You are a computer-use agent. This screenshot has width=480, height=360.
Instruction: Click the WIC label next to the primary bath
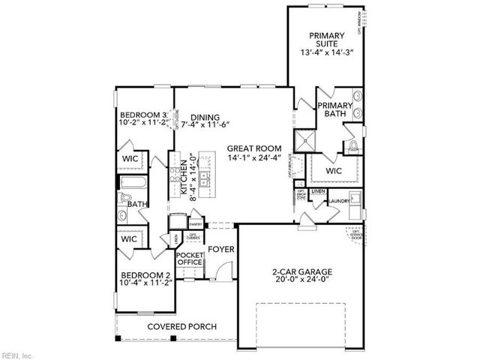click(x=334, y=170)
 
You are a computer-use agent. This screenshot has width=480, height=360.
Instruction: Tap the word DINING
click(x=204, y=117)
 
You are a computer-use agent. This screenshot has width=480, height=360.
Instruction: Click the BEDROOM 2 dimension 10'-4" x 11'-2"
click(x=145, y=284)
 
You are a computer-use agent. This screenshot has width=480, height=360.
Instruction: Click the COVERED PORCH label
click(x=181, y=326)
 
